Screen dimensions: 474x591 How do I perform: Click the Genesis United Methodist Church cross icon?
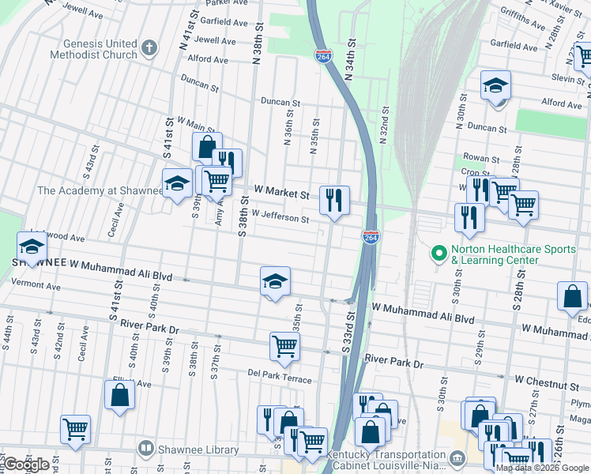150,49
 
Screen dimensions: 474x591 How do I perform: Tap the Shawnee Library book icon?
145,450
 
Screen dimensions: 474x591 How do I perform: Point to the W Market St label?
281,192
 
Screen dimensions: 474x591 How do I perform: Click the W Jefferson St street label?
280,217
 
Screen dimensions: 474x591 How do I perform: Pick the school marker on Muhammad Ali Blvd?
275,282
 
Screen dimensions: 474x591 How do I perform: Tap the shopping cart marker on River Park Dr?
284,345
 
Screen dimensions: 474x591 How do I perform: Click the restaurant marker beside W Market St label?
334,199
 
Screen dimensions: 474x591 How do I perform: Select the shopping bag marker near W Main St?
207,146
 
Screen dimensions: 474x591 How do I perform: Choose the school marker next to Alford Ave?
495,85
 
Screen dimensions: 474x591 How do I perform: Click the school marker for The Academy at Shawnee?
177,184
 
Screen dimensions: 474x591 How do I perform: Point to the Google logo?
27,465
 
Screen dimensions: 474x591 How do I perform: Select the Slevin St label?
568,77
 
